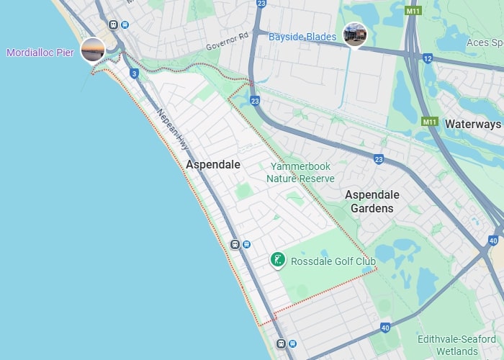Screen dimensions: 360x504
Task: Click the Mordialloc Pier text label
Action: click(40, 53)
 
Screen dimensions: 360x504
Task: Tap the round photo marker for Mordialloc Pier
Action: click(93, 50)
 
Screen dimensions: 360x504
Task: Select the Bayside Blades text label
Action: click(302, 36)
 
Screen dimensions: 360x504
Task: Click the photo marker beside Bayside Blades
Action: click(355, 34)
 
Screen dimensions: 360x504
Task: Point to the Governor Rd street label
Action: click(227, 42)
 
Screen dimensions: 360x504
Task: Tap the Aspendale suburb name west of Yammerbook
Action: click(213, 165)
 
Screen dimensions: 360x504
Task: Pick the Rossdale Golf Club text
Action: click(333, 261)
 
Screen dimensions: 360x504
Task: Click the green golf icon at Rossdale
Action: click(277, 260)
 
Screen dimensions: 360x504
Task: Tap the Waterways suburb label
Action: click(472, 124)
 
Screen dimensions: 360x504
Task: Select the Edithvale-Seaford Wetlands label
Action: click(448, 345)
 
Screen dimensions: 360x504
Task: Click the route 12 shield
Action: click(428, 58)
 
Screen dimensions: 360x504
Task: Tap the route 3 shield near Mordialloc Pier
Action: click(134, 73)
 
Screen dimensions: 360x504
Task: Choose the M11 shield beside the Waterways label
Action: click(430, 122)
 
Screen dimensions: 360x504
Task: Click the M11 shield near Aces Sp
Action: click(413, 12)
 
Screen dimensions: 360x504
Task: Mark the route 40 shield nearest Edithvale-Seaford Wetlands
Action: click(385, 328)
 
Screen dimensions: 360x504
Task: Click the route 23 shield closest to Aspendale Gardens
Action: click(379, 159)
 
